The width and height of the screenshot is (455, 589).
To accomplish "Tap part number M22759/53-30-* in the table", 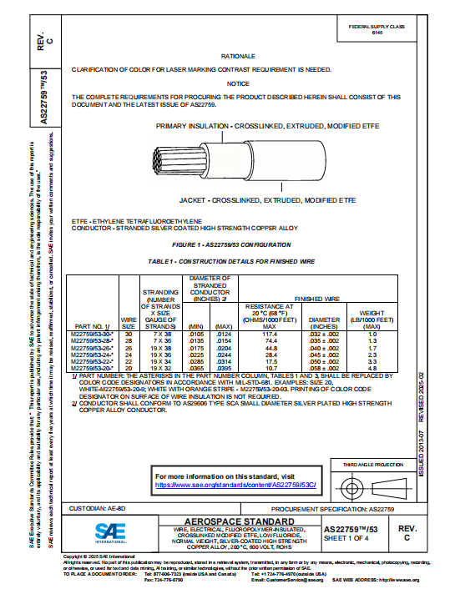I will point(93,334).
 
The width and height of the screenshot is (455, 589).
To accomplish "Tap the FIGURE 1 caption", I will point(230,244).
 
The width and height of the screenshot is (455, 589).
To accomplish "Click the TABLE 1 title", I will point(230,261).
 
